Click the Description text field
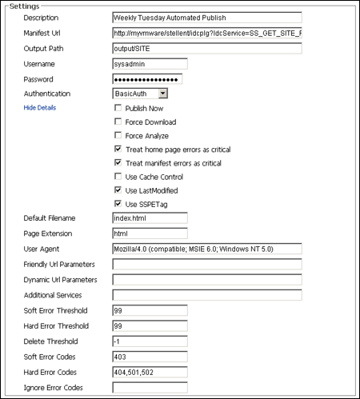pyautogui.click(x=206, y=18)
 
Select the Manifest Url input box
pyautogui.click(x=206, y=34)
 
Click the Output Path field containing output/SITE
pyautogui.click(x=206, y=49)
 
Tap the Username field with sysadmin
pyautogui.click(x=150, y=64)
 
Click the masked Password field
pyautogui.click(x=147, y=79)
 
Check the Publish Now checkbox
pyautogui.click(x=118, y=108)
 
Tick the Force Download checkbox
pyautogui.click(x=118, y=122)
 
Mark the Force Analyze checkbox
pyautogui.click(x=118, y=136)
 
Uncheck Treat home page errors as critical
pyautogui.click(x=118, y=150)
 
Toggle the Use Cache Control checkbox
pyautogui.click(x=118, y=177)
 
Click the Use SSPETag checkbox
pyautogui.click(x=118, y=204)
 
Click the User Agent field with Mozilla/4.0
pyautogui.click(x=206, y=249)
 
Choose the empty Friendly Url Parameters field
pyautogui.click(x=206, y=265)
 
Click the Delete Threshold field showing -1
pyautogui.click(x=150, y=341)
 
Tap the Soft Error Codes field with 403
pyautogui.click(x=150, y=357)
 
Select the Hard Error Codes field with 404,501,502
pyautogui.click(x=150, y=372)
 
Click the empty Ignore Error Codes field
pyautogui.click(x=150, y=388)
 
